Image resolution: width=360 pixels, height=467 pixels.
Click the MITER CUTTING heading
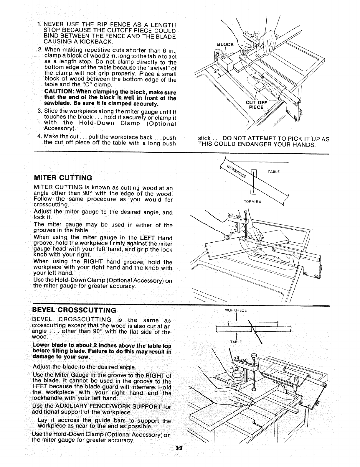click(63, 178)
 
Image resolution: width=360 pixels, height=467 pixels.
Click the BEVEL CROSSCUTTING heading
click(74, 310)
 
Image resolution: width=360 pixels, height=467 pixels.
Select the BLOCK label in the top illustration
click(225, 45)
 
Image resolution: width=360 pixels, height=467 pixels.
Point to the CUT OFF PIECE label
click(256, 105)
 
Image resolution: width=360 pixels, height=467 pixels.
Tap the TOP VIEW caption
click(251, 202)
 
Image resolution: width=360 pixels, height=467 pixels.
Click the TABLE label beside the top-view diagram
click(273, 171)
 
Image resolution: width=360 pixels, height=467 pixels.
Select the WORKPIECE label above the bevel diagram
click(235, 310)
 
